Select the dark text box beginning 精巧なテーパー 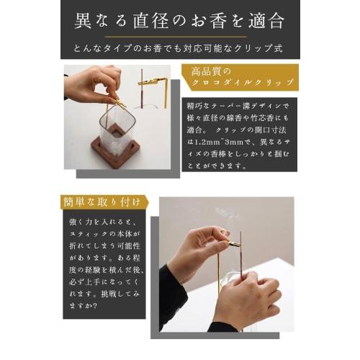[235, 135]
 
